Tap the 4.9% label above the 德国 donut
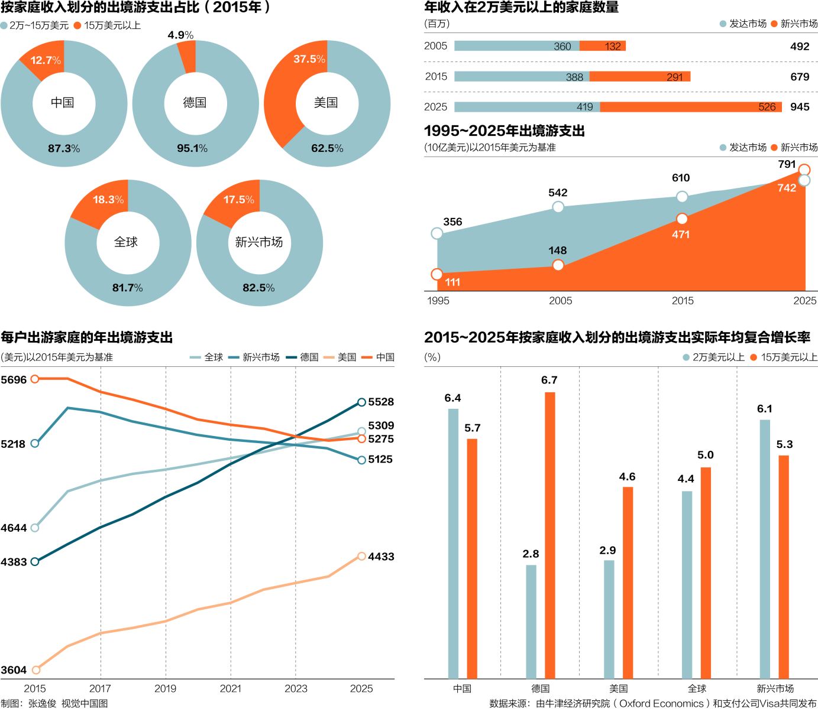point(180,35)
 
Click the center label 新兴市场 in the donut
point(259,242)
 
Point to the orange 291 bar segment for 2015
point(639,76)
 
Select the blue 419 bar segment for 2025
point(527,106)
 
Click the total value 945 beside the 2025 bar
point(800,107)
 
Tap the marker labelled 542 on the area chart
point(558,206)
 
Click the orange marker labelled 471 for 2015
point(682,219)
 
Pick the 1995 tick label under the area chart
point(438,301)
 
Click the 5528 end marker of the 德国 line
point(362,402)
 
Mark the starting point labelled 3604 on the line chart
point(35,669)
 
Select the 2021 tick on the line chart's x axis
point(231,688)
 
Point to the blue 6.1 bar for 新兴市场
point(765,549)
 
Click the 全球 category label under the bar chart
point(697,688)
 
